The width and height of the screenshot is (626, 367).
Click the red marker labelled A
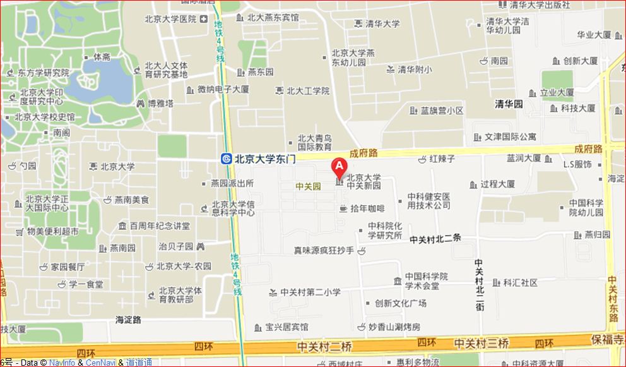(x=339, y=167)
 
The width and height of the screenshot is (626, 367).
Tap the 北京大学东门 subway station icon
(x=226, y=159)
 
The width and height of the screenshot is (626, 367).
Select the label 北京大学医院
(x=170, y=20)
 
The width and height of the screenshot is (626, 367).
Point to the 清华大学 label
(x=382, y=24)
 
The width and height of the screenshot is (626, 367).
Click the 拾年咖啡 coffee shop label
(x=367, y=208)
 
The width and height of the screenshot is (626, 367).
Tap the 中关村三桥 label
(x=481, y=344)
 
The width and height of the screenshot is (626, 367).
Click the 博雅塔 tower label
(x=160, y=103)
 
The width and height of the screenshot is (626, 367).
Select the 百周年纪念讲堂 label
(x=160, y=226)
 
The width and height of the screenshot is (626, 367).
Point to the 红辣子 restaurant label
(x=442, y=159)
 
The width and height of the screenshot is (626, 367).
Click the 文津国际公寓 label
(x=510, y=136)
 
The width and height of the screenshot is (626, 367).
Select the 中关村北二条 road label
(x=435, y=239)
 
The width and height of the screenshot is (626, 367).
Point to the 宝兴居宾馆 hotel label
(x=286, y=327)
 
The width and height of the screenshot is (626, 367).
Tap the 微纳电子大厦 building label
(x=223, y=90)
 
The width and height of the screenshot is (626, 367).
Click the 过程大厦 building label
(x=497, y=184)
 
